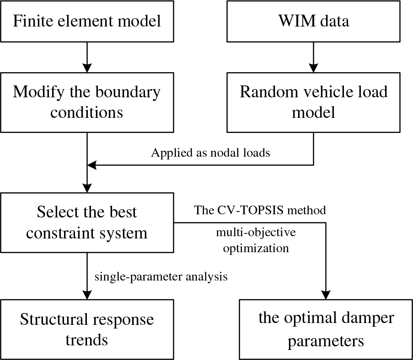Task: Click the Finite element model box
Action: pyautogui.click(x=87, y=21)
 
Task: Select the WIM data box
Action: pyautogui.click(x=313, y=21)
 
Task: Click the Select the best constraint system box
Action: pyautogui.click(x=87, y=222)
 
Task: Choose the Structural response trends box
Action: pyautogui.click(x=87, y=329)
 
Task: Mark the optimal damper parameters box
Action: pyautogui.click(x=326, y=329)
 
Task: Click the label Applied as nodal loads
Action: pyautogui.click(x=210, y=153)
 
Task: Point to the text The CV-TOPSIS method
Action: pyautogui.click(x=260, y=210)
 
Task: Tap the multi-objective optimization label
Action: pyautogui.click(x=256, y=240)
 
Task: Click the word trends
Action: pyautogui.click(x=87, y=340)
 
